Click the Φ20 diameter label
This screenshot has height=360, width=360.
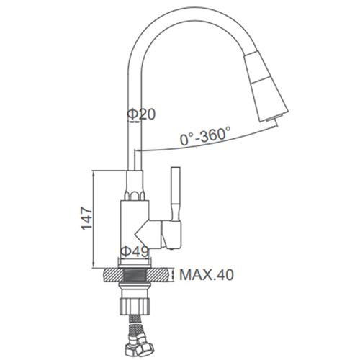pyautogui.click(x=141, y=114)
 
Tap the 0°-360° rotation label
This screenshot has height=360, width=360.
pyautogui.click(x=205, y=136)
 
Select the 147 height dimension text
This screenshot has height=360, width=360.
pyautogui.click(x=86, y=218)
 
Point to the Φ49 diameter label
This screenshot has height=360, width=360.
pyautogui.click(x=135, y=251)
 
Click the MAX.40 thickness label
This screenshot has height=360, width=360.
pyautogui.click(x=207, y=275)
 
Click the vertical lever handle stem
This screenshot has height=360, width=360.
pyautogui.click(x=175, y=194)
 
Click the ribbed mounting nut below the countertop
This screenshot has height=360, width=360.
pyautogui.click(x=135, y=304)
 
